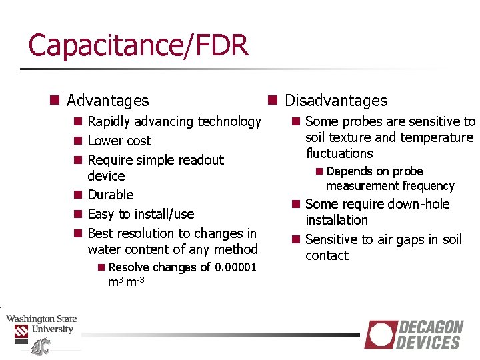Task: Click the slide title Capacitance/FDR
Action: tap(138, 45)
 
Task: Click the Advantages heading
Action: tap(107, 101)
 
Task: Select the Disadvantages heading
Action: tap(335, 101)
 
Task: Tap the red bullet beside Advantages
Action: tap(55, 101)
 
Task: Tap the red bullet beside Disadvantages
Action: tap(273, 101)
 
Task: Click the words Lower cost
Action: tap(119, 141)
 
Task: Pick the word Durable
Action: tap(111, 195)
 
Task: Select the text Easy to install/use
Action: tap(141, 214)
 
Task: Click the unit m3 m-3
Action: tap(127, 282)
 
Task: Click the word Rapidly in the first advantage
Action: tap(111, 121)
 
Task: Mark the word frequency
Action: tap(425, 186)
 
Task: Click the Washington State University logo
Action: tap(41, 330)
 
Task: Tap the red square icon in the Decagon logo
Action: tap(381, 335)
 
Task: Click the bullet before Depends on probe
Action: tap(319, 171)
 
